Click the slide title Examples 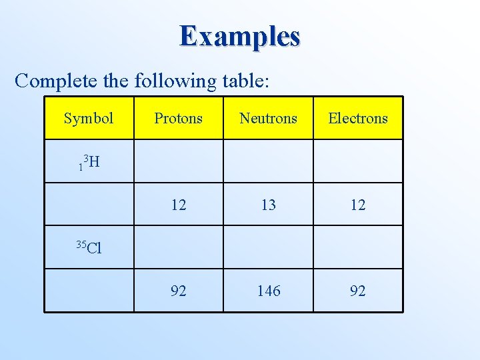239,36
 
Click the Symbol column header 89,119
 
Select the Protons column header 178,119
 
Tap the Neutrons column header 268,119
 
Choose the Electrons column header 358,119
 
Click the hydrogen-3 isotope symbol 89,161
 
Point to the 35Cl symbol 89,248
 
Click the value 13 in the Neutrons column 268,205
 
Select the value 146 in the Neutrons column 268,291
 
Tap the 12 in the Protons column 178,205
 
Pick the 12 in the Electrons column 358,205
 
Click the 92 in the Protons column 178,291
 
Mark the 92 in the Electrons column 358,291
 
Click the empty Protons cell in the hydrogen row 178,161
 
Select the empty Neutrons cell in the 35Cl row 268,247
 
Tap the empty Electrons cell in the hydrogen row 358,161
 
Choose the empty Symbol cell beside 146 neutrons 89,291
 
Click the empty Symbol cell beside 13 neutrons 89,205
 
